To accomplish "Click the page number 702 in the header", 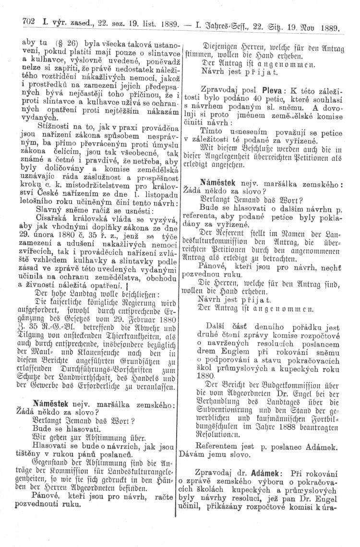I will (23, 22).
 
